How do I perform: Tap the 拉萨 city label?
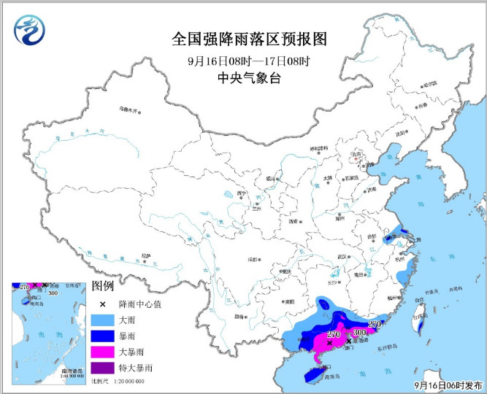tap(148, 255)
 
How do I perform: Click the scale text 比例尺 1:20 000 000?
tap(118, 382)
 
